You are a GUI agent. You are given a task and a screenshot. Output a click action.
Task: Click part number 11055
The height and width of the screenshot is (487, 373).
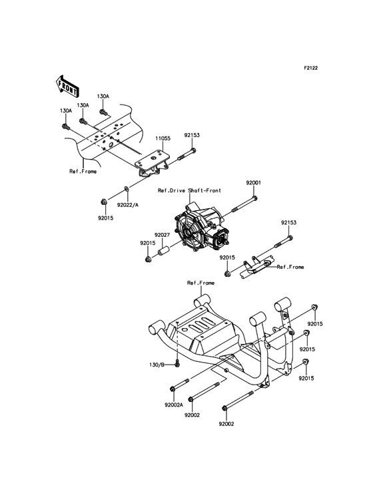pos(163,138)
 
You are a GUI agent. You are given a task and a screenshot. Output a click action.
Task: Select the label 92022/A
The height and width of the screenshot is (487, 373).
pos(127,205)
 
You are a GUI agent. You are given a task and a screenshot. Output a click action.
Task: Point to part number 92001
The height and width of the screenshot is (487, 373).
pos(253,182)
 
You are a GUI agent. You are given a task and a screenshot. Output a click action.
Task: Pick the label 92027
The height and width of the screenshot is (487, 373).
pos(163,235)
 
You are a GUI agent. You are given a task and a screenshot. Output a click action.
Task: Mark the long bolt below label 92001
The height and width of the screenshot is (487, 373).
pos(245,204)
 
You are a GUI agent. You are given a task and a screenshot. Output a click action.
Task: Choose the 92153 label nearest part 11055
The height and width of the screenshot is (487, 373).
pos(191,135)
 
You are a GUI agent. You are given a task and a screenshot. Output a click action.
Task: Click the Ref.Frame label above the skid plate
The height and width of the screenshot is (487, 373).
pos(198,283)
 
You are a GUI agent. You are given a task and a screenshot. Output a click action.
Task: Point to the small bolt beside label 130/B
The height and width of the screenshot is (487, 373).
pos(178,363)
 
